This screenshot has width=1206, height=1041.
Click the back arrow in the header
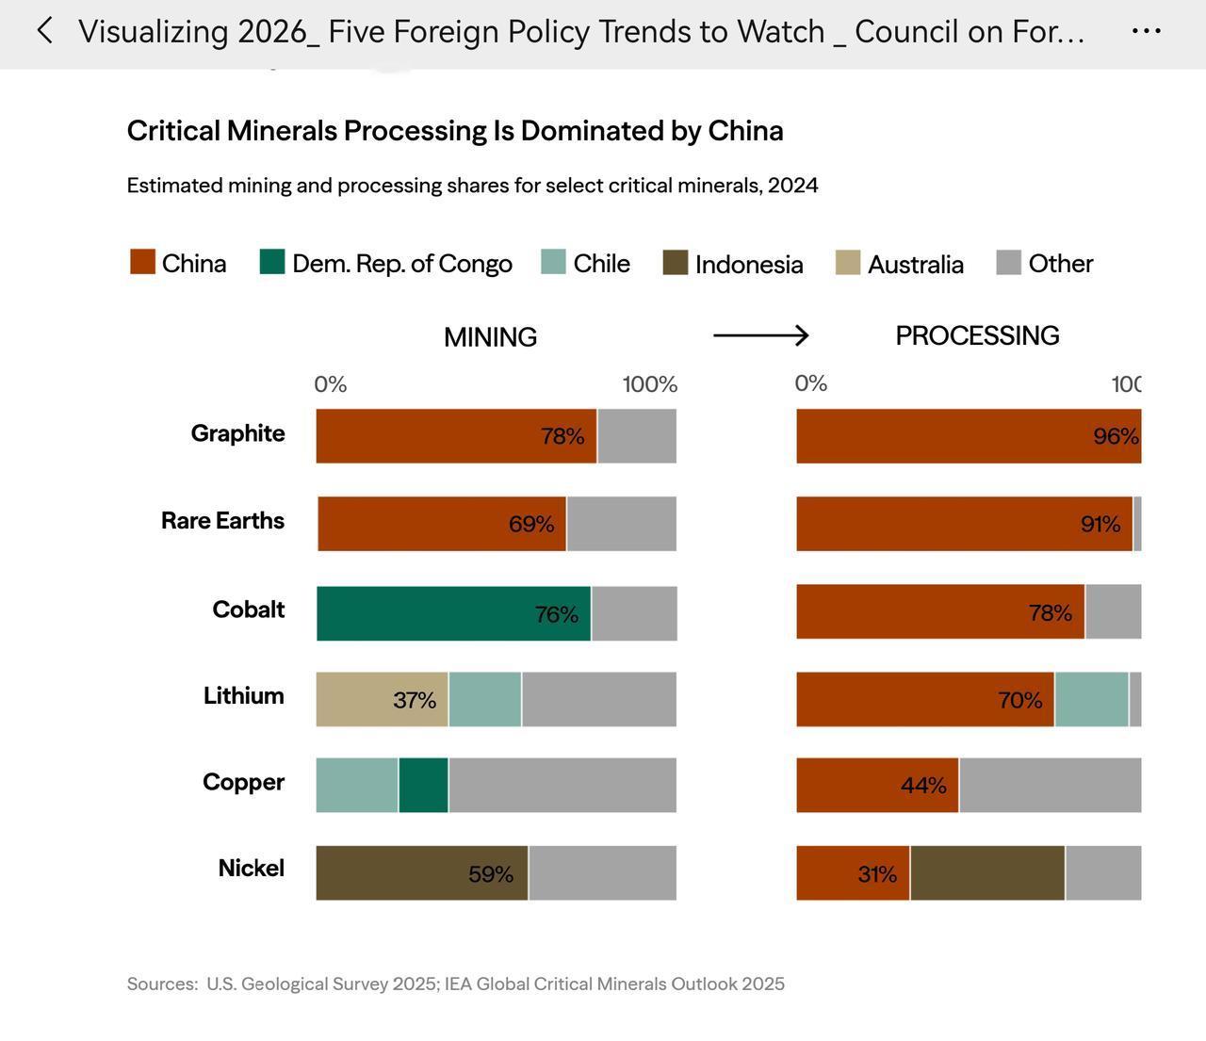(44, 31)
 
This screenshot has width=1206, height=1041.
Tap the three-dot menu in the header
(1146, 31)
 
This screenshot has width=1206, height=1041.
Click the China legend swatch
(142, 262)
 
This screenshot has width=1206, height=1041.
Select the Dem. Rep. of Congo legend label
(401, 264)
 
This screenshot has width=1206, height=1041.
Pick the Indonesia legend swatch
(676, 263)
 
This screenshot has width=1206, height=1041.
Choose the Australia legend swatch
(848, 263)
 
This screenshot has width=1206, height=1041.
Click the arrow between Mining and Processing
(761, 335)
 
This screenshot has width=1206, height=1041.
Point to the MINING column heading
(490, 337)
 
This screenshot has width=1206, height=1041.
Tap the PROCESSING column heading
(977, 336)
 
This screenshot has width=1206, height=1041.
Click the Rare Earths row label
(222, 521)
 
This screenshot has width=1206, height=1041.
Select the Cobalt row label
(249, 610)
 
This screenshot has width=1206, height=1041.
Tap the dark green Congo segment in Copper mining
(423, 785)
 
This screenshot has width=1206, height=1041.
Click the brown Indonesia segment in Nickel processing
(987, 873)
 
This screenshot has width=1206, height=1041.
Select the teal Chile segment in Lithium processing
(1091, 699)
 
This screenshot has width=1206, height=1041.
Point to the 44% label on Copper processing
(923, 786)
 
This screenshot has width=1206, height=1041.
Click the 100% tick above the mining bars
(650, 384)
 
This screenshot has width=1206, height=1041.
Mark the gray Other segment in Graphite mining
(637, 436)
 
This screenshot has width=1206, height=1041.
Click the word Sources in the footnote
(161, 984)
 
